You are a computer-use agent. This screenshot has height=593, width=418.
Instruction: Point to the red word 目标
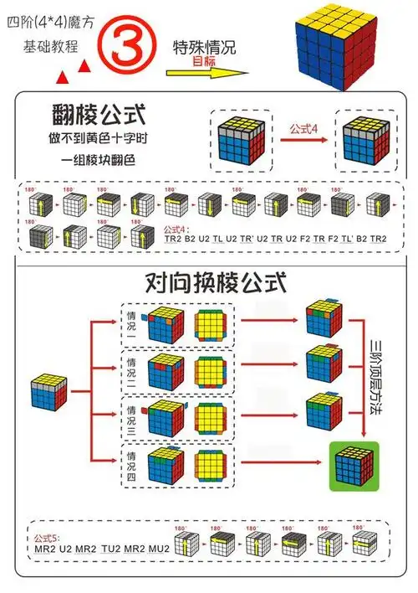coord(203,60)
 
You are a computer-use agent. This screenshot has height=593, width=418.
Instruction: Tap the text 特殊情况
coord(203,47)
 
